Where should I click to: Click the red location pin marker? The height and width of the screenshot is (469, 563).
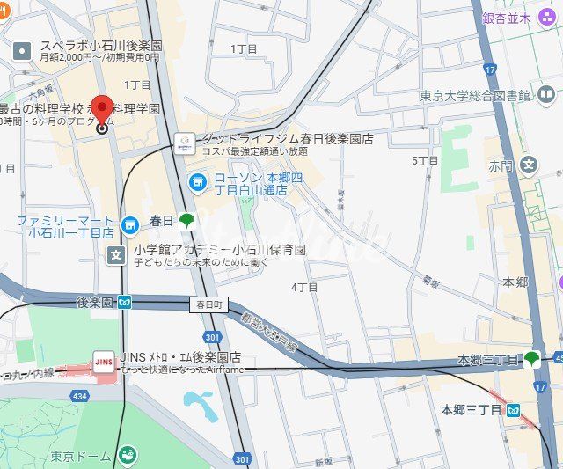click(101, 111)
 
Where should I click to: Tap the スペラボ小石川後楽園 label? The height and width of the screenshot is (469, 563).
click(102, 45)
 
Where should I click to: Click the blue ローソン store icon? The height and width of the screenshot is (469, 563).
click(198, 182)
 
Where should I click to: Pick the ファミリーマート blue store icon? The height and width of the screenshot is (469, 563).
click(130, 226)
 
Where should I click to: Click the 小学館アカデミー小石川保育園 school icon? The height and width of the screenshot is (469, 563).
click(116, 255)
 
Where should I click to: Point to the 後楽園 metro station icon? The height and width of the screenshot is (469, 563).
click(126, 303)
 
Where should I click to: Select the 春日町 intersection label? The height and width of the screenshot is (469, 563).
click(208, 304)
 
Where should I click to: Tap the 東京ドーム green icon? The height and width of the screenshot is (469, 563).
click(128, 455)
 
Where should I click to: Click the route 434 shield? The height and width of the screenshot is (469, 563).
click(80, 397)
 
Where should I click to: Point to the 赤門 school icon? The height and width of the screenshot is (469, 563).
click(529, 165)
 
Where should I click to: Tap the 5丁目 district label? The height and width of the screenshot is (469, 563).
click(425, 161)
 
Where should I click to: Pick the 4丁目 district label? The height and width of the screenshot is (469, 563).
click(304, 288)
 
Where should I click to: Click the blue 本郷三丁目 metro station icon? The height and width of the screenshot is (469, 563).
click(514, 410)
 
